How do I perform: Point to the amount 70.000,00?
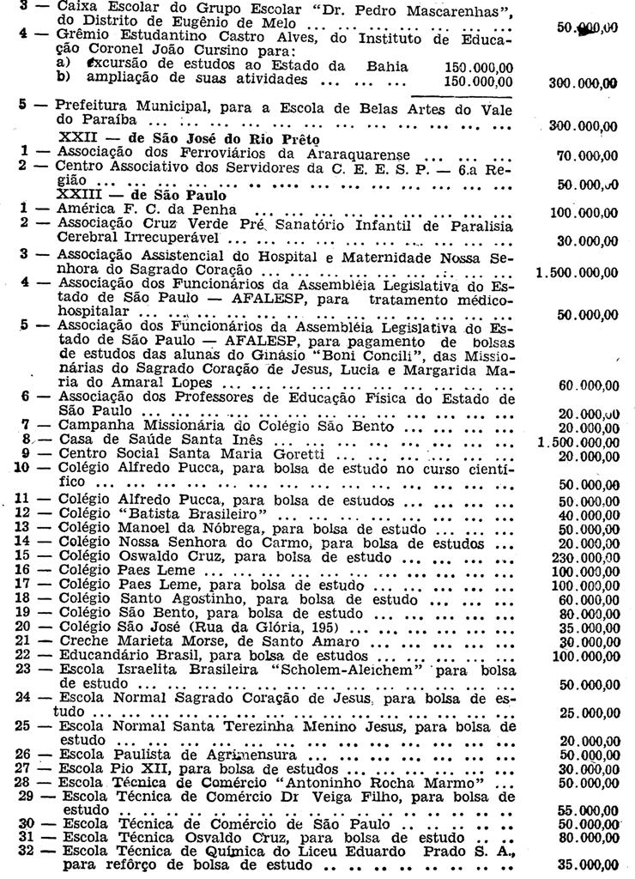[587, 156]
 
